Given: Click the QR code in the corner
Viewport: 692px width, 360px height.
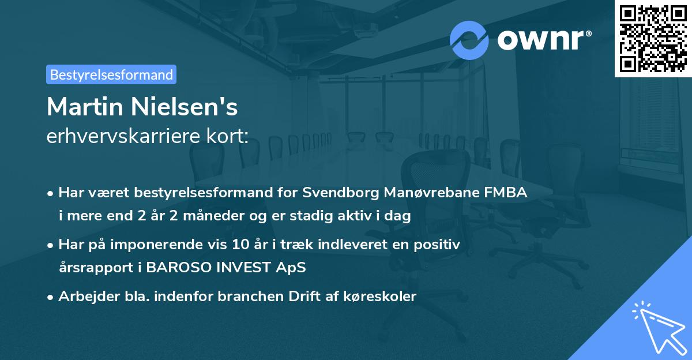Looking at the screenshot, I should pos(653,38).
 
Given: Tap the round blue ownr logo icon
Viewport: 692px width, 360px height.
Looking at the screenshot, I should pos(469,40).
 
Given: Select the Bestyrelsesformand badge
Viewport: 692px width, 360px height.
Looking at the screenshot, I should pos(111,74).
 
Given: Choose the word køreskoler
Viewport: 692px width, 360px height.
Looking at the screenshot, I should pos(382,297).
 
